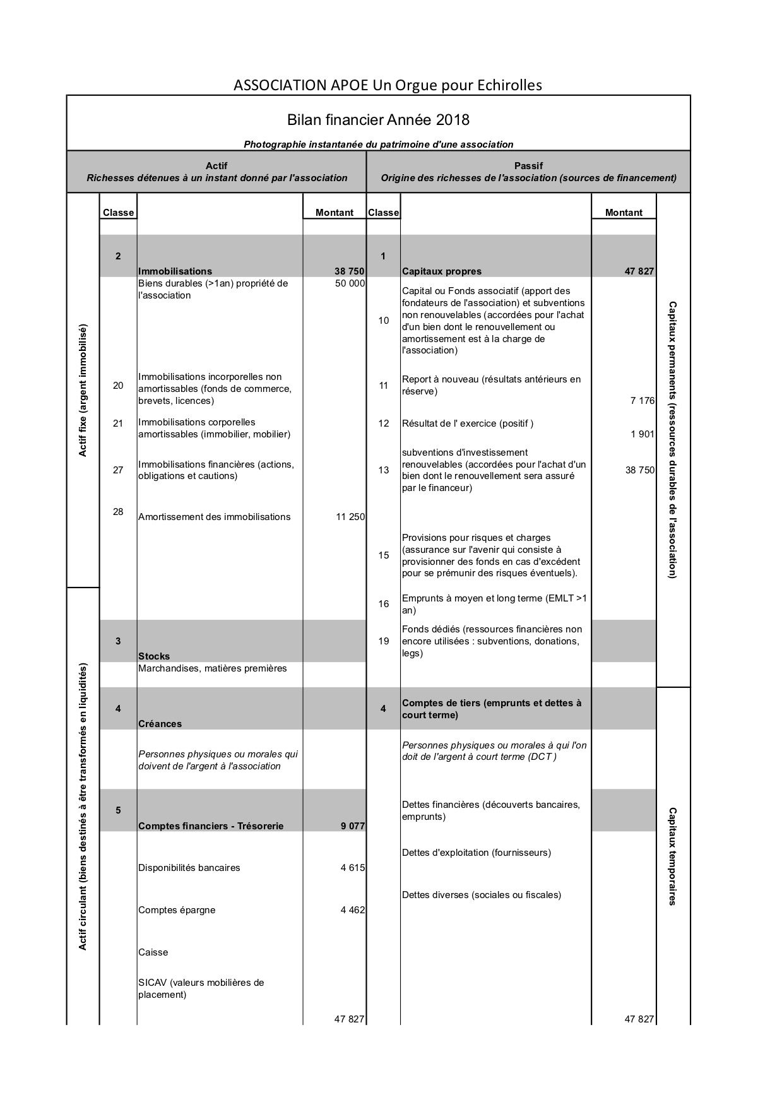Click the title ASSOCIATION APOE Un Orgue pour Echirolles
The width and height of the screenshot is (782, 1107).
coord(388,85)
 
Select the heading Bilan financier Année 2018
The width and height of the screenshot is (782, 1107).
coord(378,120)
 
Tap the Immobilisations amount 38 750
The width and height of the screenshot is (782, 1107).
coord(349,271)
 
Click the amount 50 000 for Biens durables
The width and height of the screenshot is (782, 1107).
coord(350,283)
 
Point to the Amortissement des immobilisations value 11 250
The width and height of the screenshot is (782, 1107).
coord(350,517)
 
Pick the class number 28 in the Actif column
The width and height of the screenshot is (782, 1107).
coord(118,511)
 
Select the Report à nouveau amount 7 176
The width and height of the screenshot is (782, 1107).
coord(642,401)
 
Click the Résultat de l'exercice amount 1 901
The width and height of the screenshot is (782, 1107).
coord(642,434)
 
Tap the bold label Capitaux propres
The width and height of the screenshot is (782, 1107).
coord(441,271)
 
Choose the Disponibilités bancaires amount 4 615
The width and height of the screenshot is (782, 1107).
coord(352,868)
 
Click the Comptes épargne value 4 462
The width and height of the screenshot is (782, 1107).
coord(352,910)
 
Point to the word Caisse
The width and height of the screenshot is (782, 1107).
coord(153,952)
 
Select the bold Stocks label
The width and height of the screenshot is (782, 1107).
coord(154,656)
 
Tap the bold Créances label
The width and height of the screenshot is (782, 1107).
coord(160,724)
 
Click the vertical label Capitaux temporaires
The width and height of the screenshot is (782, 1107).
coord(673,856)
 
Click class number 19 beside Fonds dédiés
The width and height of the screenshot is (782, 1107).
coord(384,641)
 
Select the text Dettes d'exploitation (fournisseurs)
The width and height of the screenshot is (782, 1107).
coord(476,853)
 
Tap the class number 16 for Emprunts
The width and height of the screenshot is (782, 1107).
coord(384,604)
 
